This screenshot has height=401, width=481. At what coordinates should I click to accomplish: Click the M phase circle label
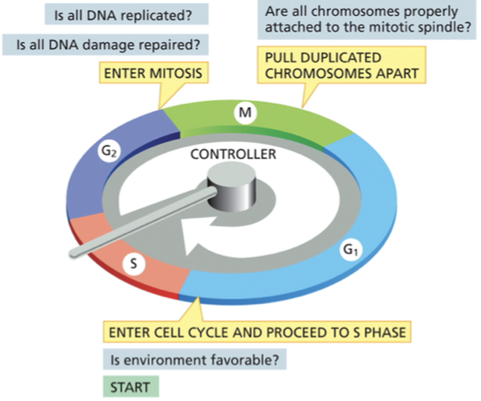(x=245, y=113)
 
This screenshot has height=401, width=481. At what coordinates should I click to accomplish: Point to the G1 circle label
(x=349, y=252)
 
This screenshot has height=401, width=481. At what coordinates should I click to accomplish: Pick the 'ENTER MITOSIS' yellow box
(x=155, y=72)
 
